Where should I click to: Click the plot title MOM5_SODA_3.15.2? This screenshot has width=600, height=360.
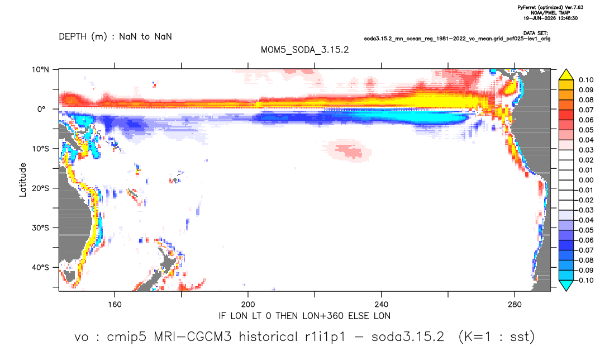(304, 50)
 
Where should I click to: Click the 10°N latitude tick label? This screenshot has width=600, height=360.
(40, 70)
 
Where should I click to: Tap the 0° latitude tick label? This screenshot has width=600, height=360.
(41, 109)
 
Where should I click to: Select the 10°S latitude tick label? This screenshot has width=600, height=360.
(40, 149)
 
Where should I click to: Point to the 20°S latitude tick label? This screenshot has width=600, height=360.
(40, 188)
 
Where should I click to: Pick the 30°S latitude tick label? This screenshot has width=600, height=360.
(40, 228)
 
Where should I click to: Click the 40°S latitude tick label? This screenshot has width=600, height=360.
(40, 267)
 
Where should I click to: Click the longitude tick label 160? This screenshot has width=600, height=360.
(115, 305)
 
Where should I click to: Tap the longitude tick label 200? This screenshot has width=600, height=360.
(248, 305)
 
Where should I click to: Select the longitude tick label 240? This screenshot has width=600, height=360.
(382, 305)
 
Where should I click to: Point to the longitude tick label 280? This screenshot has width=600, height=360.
(515, 305)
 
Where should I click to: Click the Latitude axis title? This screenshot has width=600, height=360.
(23, 180)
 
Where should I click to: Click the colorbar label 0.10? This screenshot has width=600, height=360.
(586, 80)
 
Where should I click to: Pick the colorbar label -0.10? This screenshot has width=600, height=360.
(585, 280)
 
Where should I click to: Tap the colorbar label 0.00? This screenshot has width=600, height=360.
(586, 180)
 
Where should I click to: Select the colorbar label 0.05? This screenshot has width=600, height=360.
(586, 130)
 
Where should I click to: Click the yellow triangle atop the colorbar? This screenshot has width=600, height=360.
(566, 75)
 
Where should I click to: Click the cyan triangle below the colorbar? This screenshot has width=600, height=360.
(566, 285)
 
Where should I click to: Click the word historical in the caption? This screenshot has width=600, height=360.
(268, 337)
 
